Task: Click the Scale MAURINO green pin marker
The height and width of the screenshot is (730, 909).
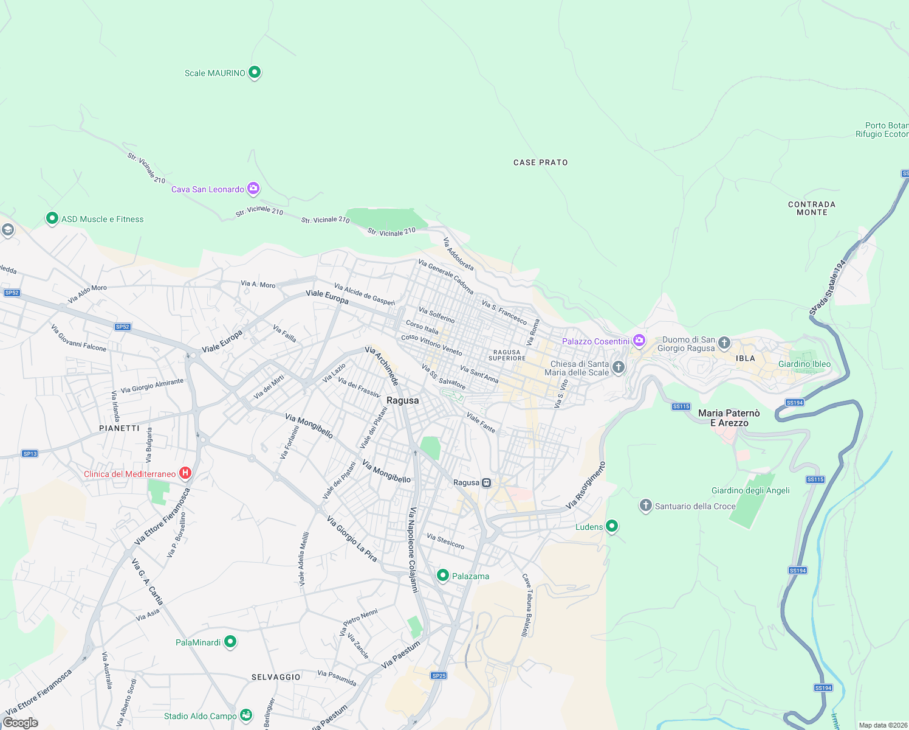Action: click(255, 72)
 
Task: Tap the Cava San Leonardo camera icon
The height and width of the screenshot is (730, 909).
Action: click(253, 189)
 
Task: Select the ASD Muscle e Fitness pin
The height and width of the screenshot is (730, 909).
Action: click(52, 218)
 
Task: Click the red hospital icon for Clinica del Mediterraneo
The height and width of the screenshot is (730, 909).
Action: click(186, 473)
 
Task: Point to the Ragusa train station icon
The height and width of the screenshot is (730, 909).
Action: click(486, 482)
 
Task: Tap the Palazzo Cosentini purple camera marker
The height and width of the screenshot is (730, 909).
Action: click(639, 340)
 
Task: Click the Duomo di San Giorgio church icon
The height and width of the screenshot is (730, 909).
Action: click(724, 342)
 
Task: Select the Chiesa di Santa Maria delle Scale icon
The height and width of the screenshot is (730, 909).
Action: click(618, 367)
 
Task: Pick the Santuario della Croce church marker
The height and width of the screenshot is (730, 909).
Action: click(645, 505)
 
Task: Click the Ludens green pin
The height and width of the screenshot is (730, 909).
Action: click(612, 526)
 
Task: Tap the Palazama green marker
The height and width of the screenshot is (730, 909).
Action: click(443, 575)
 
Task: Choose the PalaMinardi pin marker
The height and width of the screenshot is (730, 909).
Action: click(230, 641)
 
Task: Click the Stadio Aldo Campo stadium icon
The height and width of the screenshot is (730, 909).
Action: click(246, 715)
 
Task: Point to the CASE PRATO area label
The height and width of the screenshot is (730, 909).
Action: click(540, 162)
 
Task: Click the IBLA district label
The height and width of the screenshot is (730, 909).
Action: click(745, 358)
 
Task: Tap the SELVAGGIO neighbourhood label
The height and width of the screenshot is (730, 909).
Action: click(276, 677)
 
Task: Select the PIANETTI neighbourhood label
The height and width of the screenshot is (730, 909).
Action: click(119, 428)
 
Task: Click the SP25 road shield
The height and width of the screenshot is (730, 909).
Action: click(439, 675)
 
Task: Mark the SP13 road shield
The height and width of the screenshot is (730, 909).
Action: click(30, 453)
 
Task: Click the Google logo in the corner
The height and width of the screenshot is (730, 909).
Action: click(21, 723)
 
